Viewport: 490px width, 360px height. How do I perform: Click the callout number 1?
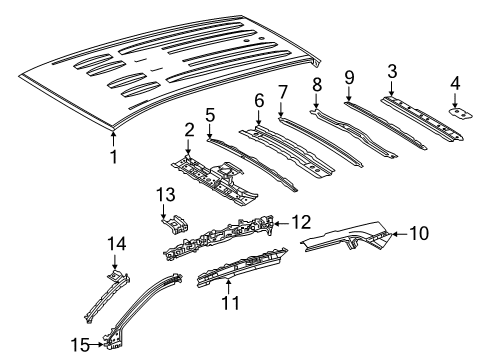(x=114, y=157)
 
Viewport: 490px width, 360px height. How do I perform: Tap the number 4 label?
(x=455, y=83)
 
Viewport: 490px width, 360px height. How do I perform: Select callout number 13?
(x=166, y=194)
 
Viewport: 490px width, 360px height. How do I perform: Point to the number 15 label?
(x=80, y=345)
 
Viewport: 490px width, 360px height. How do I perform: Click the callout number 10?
(x=419, y=233)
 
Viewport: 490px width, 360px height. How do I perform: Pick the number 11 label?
(x=231, y=303)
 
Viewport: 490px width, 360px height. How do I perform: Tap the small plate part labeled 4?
(x=461, y=113)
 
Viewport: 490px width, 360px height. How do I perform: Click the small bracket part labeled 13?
(x=176, y=225)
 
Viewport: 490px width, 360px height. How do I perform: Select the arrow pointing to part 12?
(x=281, y=223)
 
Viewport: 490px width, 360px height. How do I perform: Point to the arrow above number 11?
(x=228, y=286)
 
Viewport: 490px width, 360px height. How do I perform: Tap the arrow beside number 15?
(x=97, y=345)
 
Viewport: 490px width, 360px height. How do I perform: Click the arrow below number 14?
(x=115, y=262)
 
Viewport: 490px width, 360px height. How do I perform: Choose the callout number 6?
(x=259, y=101)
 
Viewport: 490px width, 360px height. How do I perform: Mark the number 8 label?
(x=317, y=84)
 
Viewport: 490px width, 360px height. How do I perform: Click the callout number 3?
(x=392, y=71)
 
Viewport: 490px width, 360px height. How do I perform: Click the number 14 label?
(x=117, y=244)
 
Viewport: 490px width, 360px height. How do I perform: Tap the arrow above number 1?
(x=114, y=139)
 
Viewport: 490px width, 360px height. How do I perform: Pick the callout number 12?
(x=302, y=222)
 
